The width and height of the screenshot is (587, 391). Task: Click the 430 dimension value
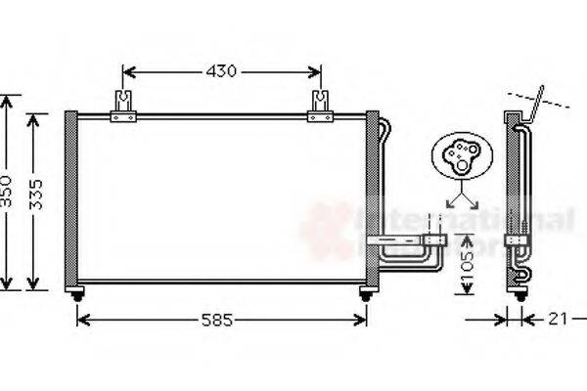(222, 71)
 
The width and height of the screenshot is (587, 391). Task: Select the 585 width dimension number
(220, 319)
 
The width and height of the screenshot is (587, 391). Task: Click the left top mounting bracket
(122, 107)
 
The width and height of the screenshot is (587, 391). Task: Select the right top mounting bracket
(320, 107)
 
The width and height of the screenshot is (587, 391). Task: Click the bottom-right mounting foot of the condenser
(367, 294)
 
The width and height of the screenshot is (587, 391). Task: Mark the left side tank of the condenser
(70, 199)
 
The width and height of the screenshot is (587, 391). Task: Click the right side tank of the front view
(372, 199)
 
